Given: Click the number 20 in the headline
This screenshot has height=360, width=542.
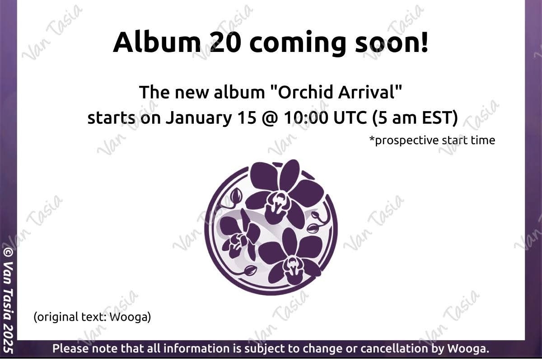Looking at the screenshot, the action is [226, 42].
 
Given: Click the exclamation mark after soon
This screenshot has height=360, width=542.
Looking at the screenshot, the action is [425, 42].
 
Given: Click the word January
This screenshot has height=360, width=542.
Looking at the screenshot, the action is [199, 118].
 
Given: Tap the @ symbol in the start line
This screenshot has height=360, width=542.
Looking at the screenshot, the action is [270, 118].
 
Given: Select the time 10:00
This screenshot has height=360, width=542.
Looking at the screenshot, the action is [306, 118].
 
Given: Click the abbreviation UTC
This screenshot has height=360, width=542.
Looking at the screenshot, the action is [350, 118].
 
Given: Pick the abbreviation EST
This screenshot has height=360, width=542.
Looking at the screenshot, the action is [437, 118].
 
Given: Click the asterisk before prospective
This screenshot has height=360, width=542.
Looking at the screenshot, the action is [372, 139].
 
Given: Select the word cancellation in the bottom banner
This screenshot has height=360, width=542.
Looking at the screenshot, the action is [394, 349].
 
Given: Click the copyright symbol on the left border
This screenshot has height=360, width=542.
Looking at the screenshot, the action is [8, 253].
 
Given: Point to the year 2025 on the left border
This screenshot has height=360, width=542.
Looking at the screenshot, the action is [8, 342].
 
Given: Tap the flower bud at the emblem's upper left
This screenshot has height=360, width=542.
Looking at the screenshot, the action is [236, 195].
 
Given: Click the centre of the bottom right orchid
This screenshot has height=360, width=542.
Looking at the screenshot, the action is [292, 263].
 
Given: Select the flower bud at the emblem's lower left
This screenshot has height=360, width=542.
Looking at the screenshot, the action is [250, 270].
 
